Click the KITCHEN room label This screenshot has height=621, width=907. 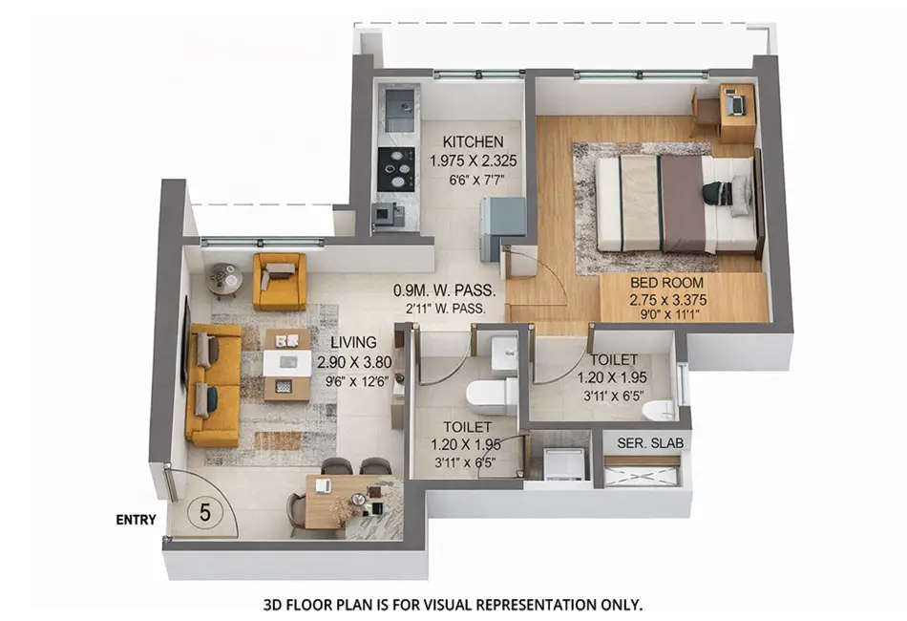tap(473, 142)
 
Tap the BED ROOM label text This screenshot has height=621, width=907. tap(666, 283)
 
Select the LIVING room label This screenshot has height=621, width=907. tap(353, 342)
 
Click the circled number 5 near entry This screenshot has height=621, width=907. tap(204, 512)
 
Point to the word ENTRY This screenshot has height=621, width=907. tap(136, 521)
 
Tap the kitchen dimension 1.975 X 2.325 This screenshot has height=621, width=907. tap(473, 161)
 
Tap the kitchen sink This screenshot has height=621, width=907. tap(397, 101)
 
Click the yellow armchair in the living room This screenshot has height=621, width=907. tap(279, 281)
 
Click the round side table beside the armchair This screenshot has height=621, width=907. tap(225, 278)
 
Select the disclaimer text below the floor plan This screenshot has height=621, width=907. tap(453, 605)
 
